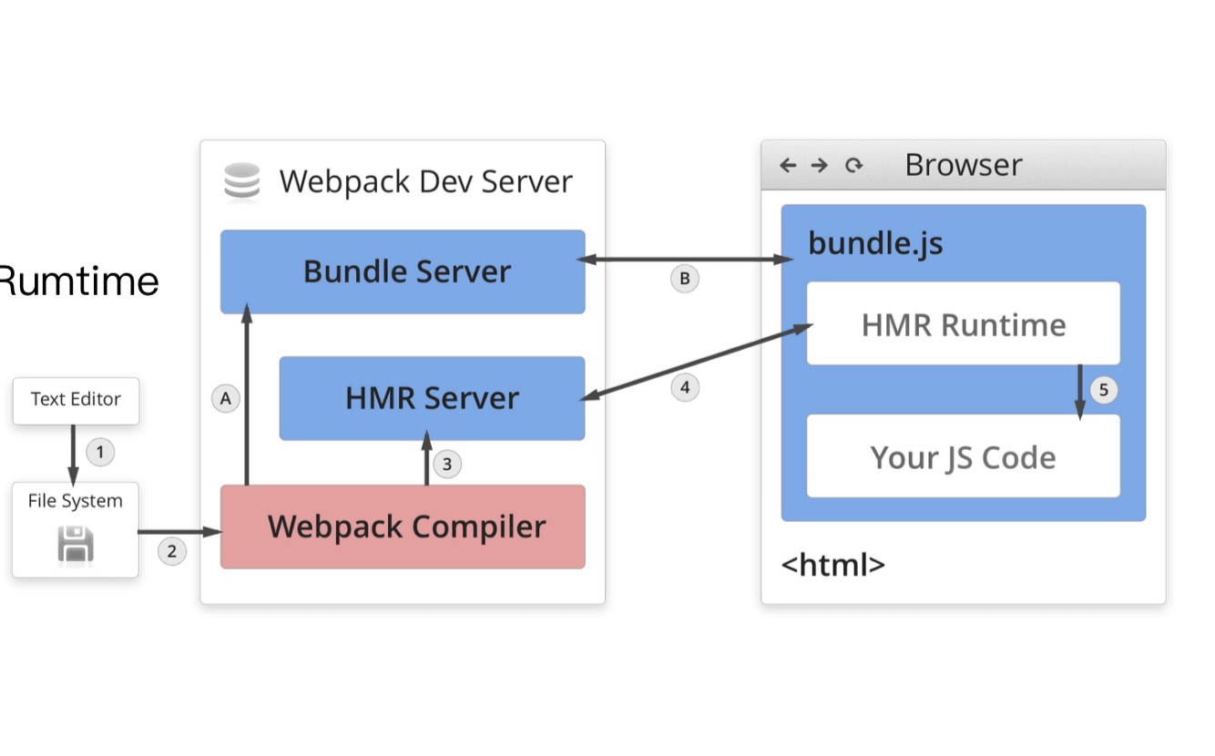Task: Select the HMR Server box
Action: click(x=432, y=398)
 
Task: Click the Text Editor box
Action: click(x=76, y=400)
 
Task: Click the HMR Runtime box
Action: click(x=963, y=324)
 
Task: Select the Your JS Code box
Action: click(x=963, y=456)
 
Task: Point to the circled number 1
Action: click(x=100, y=451)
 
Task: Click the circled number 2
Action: click(x=171, y=551)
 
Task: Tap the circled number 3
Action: click(x=446, y=465)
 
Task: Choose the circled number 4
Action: click(x=685, y=388)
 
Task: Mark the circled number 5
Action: click(x=1103, y=391)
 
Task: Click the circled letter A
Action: click(x=226, y=398)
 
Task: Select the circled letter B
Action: click(x=685, y=278)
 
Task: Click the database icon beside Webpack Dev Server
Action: click(x=242, y=180)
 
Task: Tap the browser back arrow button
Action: click(x=788, y=165)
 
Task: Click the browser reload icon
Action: click(x=853, y=165)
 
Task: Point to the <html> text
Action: click(x=832, y=565)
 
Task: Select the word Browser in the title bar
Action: click(x=963, y=165)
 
